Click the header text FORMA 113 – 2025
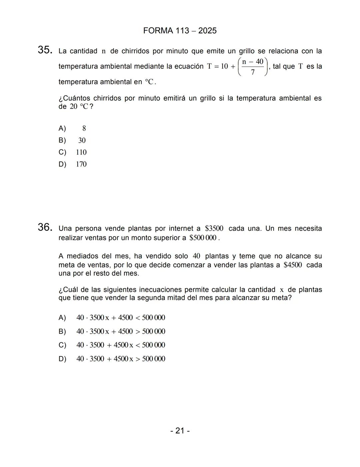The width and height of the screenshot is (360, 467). [180, 31]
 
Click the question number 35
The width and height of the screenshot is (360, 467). [45, 50]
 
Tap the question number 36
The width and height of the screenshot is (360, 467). [45, 228]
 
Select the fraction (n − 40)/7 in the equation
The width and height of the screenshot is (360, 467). [253, 67]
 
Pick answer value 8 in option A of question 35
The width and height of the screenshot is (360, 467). [84, 128]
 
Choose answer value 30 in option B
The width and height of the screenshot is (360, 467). [82, 140]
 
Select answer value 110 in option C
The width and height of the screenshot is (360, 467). [81, 152]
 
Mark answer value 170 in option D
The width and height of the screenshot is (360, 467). [81, 164]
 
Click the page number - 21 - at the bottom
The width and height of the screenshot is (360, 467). [180, 431]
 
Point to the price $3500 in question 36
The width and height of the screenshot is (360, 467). [214, 229]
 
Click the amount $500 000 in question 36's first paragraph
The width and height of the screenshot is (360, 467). [203, 238]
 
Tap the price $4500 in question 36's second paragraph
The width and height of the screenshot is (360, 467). [293, 265]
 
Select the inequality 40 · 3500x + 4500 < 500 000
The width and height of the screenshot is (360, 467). [121, 318]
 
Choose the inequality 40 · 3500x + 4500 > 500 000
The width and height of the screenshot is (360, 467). [121, 331]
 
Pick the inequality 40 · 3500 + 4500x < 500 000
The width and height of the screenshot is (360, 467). [121, 345]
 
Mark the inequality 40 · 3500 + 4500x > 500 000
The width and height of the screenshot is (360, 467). [121, 359]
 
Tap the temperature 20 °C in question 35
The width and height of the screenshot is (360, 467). [79, 107]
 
